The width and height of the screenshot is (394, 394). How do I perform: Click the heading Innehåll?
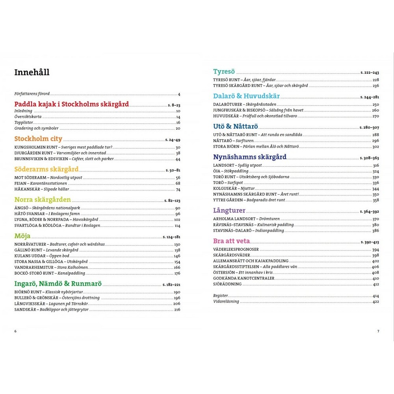click(32, 72)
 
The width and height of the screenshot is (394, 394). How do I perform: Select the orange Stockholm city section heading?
click(38, 139)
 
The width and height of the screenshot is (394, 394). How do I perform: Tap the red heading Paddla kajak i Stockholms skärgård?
click(71, 104)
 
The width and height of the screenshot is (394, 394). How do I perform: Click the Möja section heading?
click(22, 236)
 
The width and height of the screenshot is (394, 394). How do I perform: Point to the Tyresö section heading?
click(224, 72)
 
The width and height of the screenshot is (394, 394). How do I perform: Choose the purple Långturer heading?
click(229, 210)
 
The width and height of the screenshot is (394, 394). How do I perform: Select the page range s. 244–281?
click(370, 97)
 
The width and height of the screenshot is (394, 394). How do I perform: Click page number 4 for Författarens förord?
click(179, 94)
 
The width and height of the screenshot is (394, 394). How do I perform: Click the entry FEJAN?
click(21, 183)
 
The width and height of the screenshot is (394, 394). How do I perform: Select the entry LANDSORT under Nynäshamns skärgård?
click(224, 165)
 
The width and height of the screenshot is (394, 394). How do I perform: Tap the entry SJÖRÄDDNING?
click(227, 284)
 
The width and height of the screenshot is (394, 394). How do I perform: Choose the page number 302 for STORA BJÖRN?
click(375, 147)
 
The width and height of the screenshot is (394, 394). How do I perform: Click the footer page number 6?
click(15, 331)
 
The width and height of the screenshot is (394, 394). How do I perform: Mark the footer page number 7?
click(378, 331)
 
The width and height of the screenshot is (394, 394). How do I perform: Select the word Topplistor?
click(23, 123)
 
